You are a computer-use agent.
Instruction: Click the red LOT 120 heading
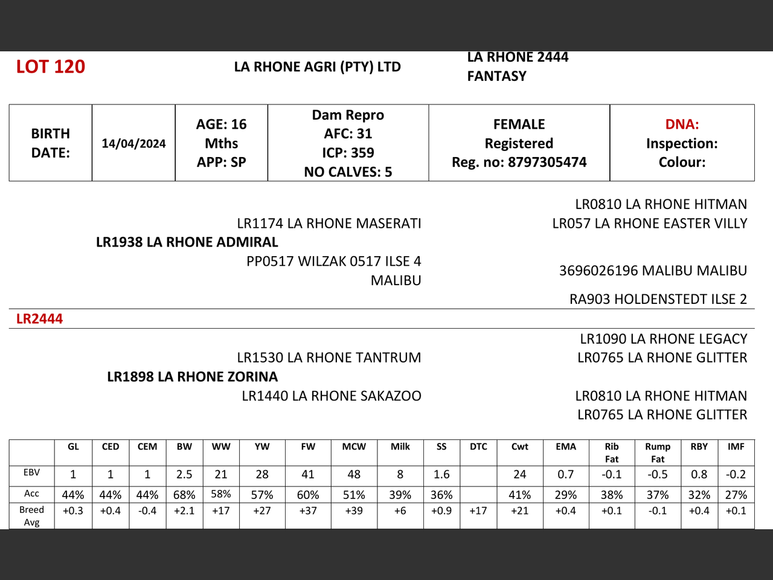pos(51,66)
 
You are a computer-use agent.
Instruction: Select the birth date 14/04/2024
pos(133,143)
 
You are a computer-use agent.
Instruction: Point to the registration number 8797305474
pos(547,162)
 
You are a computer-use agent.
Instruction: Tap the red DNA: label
pos(682,124)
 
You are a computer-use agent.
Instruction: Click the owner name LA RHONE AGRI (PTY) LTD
pos(317,66)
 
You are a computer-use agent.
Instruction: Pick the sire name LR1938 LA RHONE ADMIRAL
pos(187,242)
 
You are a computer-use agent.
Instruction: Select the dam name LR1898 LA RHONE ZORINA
pos(193,377)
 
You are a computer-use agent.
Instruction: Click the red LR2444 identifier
pos(39,319)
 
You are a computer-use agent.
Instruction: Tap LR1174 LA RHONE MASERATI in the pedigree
pos(329,224)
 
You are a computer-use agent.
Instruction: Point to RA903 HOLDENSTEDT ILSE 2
pos(658,299)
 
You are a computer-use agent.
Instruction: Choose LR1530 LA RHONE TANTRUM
pos(329,358)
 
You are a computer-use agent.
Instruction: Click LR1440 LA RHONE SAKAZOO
pos(332,396)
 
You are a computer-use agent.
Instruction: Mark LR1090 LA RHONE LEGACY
pos(664,339)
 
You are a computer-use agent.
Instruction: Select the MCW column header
pos(354,447)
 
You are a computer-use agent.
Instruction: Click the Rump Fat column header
pos(658,453)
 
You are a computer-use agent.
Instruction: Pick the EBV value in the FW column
pos(308,475)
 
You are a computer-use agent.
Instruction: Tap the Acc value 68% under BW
pos(184,495)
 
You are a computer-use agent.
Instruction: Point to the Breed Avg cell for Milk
pos(400,511)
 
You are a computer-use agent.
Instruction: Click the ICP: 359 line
pos(348,153)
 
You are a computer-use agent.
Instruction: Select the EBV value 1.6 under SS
pos(441,475)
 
